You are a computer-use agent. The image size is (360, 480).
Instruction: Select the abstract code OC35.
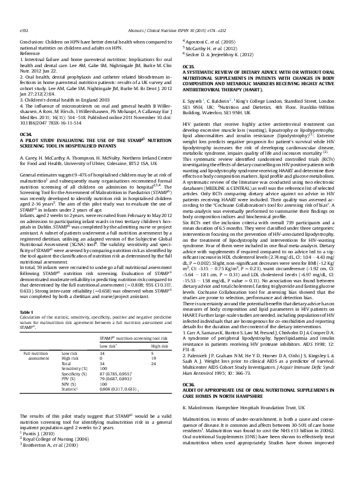coord(189,65)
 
